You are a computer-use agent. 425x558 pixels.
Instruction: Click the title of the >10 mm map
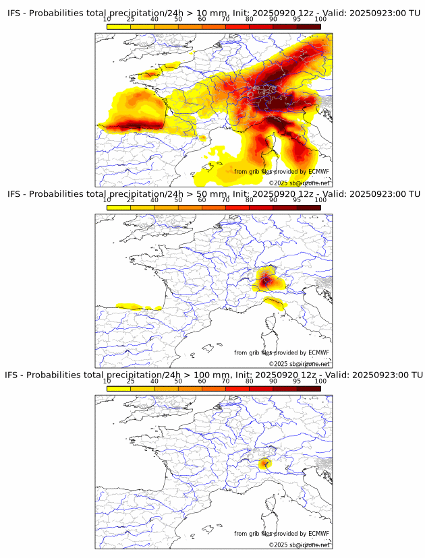[213, 13]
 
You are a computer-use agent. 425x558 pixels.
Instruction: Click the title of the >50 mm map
[213, 194]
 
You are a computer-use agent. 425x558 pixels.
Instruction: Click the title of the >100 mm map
[213, 375]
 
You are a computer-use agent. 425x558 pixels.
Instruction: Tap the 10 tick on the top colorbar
[107, 20]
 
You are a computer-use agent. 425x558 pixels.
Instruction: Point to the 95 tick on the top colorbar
[297, 20]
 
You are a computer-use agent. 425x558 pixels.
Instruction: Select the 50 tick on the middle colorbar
[178, 200]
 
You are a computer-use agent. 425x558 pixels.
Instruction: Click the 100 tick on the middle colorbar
[320, 200]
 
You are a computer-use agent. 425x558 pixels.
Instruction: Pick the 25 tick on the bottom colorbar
[131, 381]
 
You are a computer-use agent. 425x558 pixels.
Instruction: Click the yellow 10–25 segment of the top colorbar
[119, 26]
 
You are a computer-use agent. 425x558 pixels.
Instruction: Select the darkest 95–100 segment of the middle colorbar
[309, 207]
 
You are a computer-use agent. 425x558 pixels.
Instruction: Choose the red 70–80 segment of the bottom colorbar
[237, 388]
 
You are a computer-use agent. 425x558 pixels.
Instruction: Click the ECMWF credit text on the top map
[281, 172]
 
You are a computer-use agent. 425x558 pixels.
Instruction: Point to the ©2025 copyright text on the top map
[299, 183]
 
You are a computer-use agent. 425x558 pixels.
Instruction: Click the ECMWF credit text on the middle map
[281, 352]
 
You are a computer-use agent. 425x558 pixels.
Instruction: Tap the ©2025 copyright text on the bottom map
[299, 545]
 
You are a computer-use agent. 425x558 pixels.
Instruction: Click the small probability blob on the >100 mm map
[264, 463]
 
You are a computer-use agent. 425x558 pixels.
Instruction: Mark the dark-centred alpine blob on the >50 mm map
[266, 279]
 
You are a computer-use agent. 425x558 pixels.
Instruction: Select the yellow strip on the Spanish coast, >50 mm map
[138, 307]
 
